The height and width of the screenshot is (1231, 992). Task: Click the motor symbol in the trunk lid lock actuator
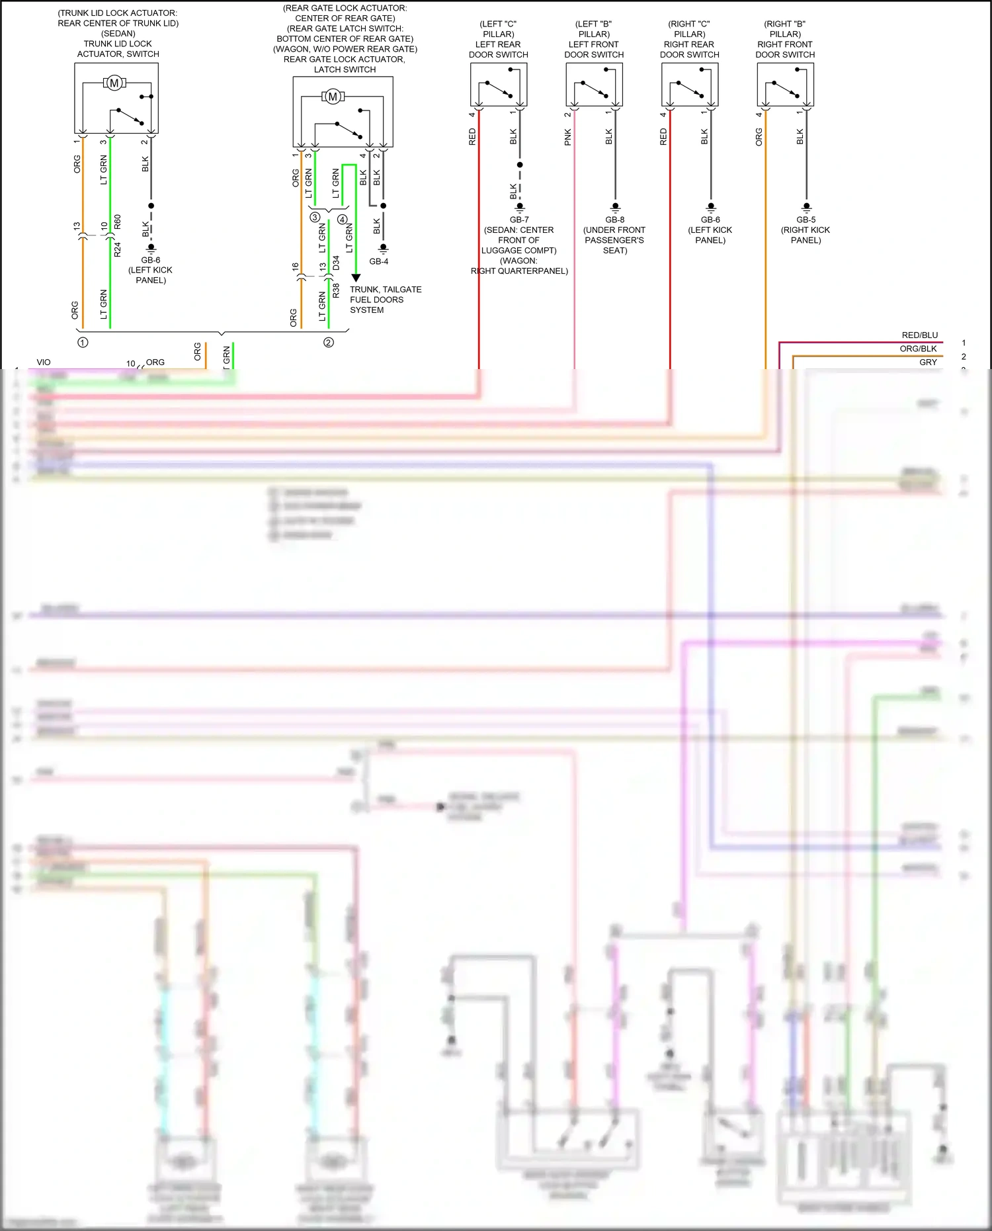tap(114, 83)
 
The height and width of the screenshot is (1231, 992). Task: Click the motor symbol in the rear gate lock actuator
tap(333, 97)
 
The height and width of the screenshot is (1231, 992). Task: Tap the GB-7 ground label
tap(519, 220)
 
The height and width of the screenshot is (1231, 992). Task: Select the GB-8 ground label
tap(614, 220)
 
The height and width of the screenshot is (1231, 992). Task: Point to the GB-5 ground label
tap(806, 220)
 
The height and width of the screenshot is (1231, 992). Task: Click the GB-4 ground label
tap(379, 261)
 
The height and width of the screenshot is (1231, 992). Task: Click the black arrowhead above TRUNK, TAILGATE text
tap(356, 278)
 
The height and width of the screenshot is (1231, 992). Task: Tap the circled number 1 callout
tap(83, 343)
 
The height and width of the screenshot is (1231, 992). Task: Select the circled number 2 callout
tap(329, 343)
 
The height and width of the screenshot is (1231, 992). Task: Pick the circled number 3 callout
tap(315, 217)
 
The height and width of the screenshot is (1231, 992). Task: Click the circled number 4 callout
tap(342, 219)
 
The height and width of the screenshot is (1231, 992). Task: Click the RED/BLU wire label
tap(919, 335)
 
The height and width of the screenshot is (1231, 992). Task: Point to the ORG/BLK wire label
tap(918, 349)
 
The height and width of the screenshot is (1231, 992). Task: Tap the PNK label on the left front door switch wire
tap(567, 138)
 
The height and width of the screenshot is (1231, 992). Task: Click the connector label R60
tap(118, 222)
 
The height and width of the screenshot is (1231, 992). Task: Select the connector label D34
tap(336, 263)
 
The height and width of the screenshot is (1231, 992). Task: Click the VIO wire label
tap(44, 362)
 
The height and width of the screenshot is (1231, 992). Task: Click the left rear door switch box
tap(499, 85)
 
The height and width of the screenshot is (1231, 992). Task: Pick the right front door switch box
tap(785, 85)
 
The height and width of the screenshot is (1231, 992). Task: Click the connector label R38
tap(336, 290)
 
